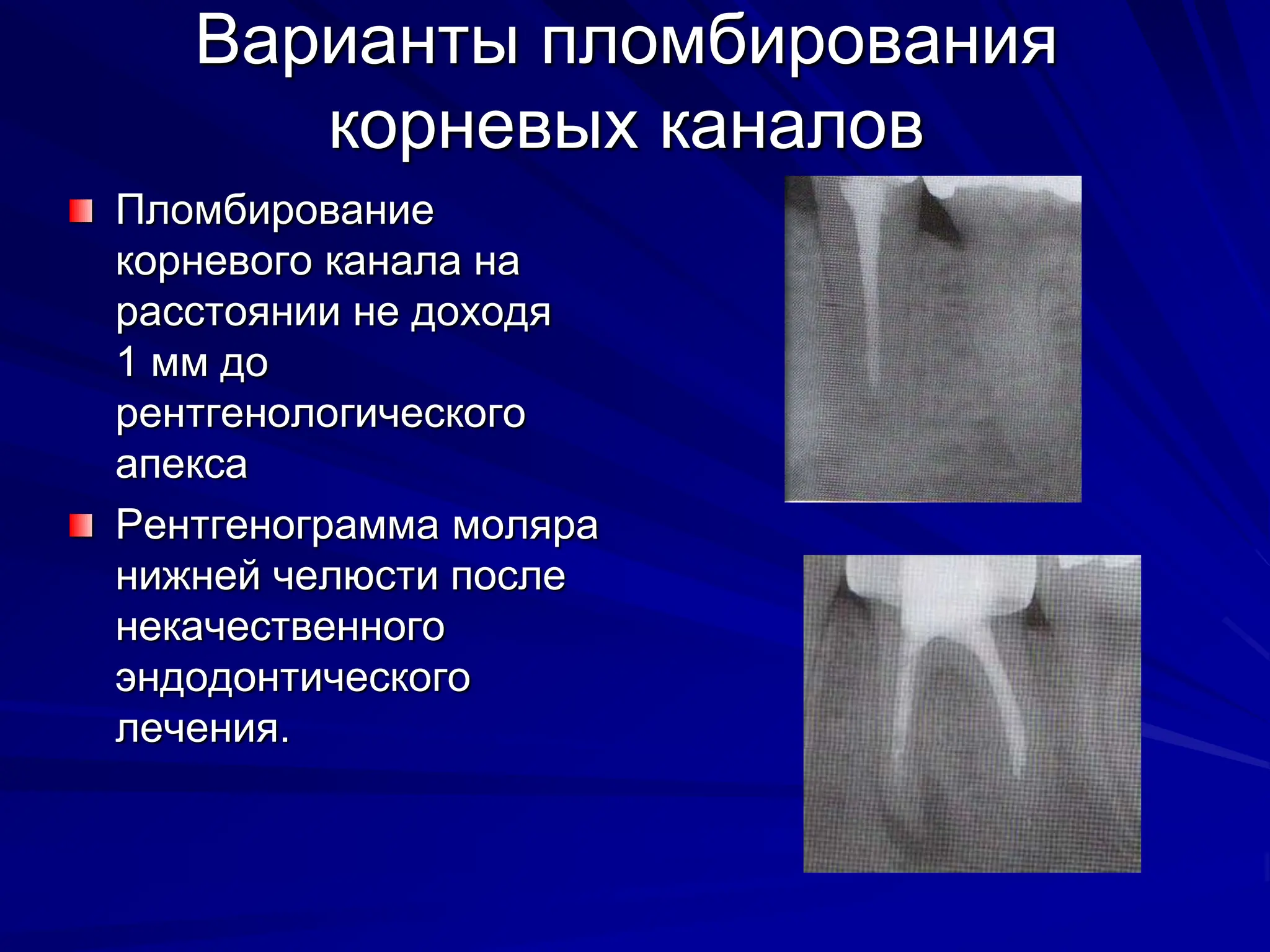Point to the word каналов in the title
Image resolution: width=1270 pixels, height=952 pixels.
[791, 127]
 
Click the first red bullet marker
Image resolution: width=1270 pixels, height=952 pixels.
[81, 211]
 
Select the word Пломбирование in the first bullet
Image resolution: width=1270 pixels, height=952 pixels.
[275, 211]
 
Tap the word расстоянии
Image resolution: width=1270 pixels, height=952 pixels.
[228, 312]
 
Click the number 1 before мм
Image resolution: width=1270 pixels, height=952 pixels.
[127, 362]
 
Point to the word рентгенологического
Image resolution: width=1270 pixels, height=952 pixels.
[321, 413]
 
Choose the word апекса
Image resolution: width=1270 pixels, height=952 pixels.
[182, 464]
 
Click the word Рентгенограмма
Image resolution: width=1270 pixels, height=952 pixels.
[278, 526]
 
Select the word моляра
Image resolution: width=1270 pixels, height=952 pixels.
[525, 526]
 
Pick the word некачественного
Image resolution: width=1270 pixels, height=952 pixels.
[280, 627]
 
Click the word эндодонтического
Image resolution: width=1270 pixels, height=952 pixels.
[293, 678]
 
